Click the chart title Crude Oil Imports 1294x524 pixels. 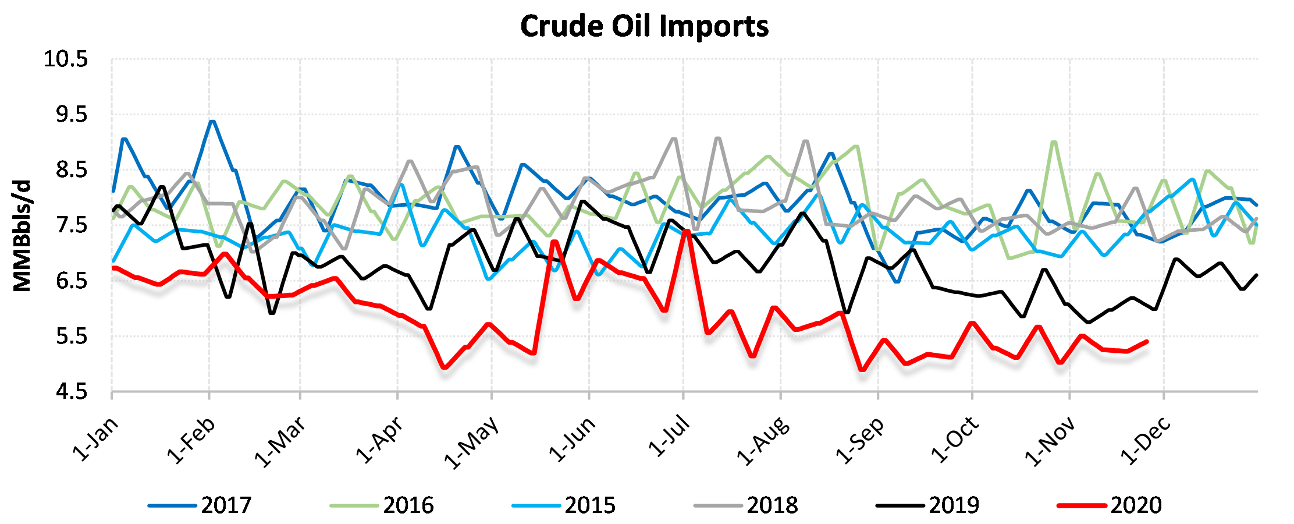coord(644,27)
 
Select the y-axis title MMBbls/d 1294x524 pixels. coord(22,236)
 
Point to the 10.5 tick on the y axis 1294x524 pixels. coord(66,59)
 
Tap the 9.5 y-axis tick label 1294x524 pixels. coord(72,115)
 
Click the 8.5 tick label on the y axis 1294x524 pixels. coord(72,170)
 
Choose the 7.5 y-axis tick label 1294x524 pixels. coord(72,225)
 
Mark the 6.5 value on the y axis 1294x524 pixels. coord(72,281)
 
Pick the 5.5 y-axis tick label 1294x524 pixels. coord(72,337)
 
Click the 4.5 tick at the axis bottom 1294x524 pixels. coord(72,392)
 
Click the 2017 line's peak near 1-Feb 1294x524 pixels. coord(212,122)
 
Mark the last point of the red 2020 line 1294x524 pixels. coord(1146,342)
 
